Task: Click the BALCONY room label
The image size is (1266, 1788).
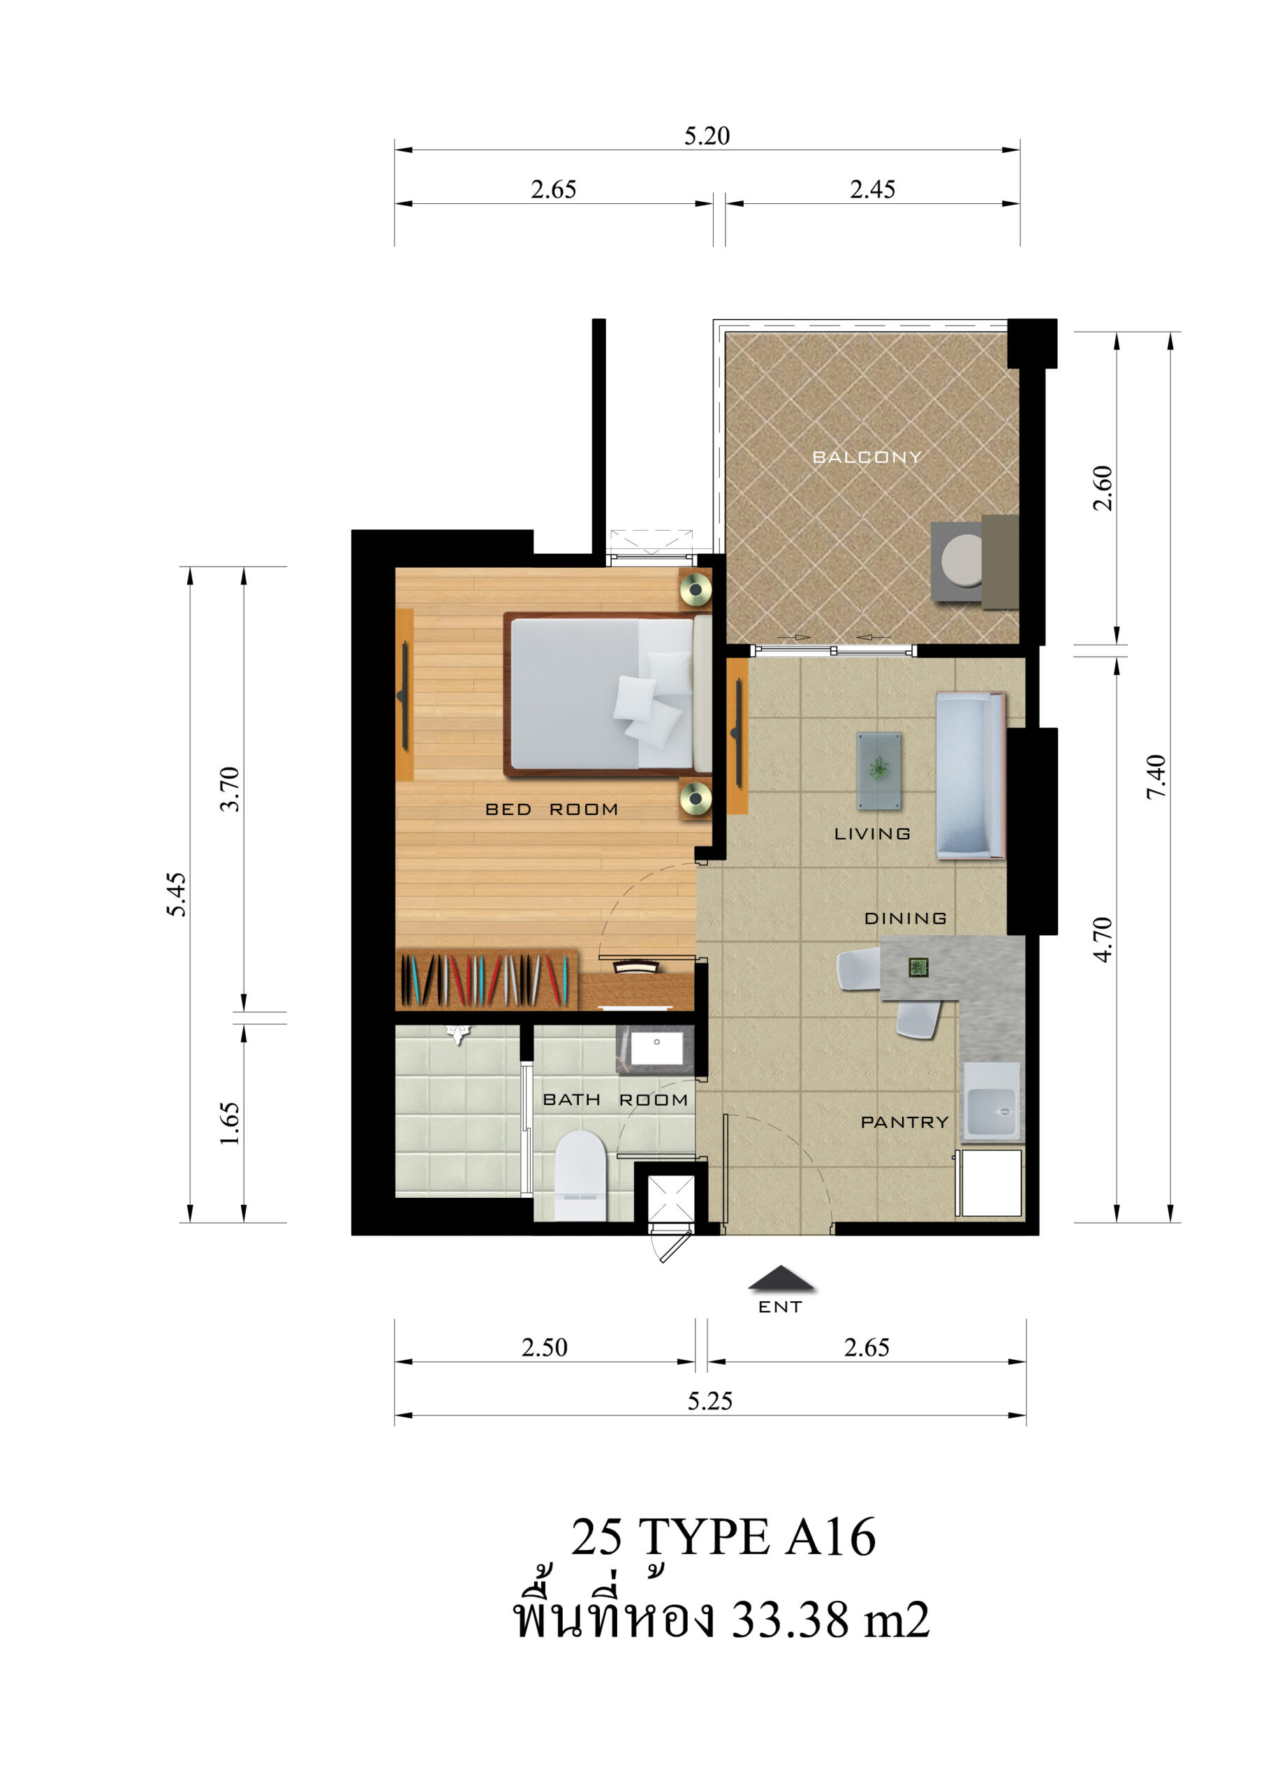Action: coord(866,457)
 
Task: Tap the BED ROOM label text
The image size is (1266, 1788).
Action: coord(551,809)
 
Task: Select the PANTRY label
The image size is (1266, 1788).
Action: coord(904,1122)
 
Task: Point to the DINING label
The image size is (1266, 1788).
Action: coord(905,918)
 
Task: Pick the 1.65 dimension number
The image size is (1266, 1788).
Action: coord(229,1123)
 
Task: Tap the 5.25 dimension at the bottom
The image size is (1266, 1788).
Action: coord(709,1401)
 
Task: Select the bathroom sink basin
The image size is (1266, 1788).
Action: coord(656,1049)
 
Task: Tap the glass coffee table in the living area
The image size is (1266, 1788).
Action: coord(879,770)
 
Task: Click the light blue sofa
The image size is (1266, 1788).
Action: coord(970,775)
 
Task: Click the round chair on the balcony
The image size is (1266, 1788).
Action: coord(962,562)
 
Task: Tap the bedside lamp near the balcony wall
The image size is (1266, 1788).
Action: coord(695,590)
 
